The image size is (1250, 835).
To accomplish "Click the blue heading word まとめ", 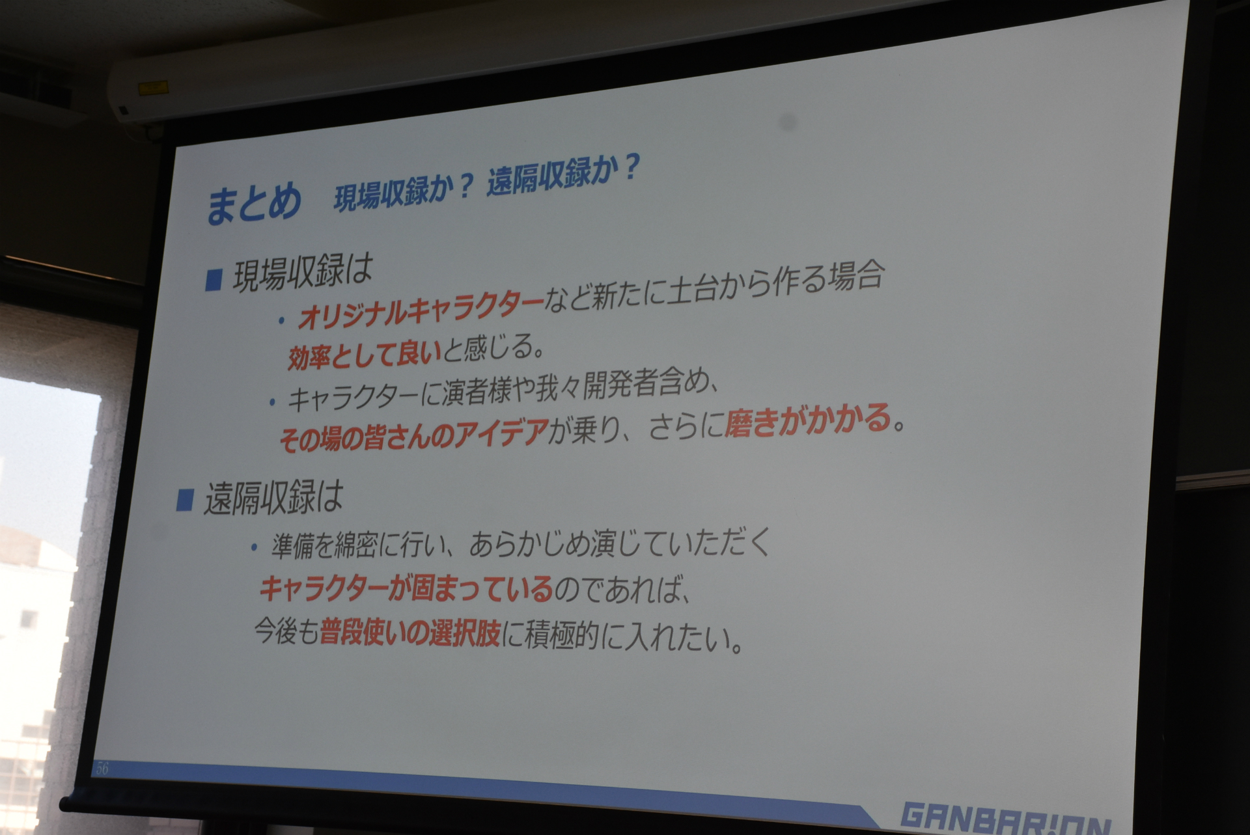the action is (x=254, y=202).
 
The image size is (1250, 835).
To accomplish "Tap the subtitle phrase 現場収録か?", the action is (x=403, y=191).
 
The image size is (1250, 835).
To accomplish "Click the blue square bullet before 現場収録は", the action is (x=214, y=280).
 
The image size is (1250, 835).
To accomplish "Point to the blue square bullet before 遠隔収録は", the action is (x=185, y=500).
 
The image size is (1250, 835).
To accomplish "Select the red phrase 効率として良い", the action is (x=364, y=355).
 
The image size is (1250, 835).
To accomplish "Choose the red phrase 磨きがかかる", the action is (x=807, y=420).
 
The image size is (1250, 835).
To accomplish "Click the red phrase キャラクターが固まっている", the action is (x=406, y=588).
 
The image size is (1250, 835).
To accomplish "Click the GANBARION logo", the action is (x=1005, y=819).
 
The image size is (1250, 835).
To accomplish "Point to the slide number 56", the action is (x=102, y=768).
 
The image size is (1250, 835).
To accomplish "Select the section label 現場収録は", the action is (x=302, y=273).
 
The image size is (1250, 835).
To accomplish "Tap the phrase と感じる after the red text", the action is (x=493, y=349).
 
